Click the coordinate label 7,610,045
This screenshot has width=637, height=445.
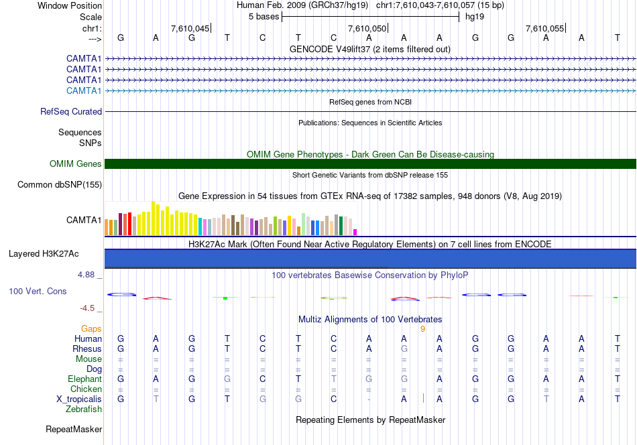[x=190, y=28]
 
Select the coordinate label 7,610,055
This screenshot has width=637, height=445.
[x=544, y=28]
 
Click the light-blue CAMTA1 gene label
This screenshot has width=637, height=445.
[x=84, y=90]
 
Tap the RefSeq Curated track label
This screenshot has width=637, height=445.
[x=71, y=112]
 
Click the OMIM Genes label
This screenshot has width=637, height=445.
[x=75, y=164]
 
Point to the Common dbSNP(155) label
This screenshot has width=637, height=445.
[x=60, y=184]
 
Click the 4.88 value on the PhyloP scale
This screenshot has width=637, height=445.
[x=89, y=275]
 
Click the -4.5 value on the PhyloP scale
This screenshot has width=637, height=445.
[x=89, y=308]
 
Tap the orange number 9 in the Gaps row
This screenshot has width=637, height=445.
[x=422, y=329]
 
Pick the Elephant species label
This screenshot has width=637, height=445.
[x=84, y=379]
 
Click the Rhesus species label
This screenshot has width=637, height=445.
[x=87, y=349]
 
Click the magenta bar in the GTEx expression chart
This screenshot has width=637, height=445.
[x=355, y=232]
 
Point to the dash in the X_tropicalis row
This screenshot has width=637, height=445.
[x=369, y=399]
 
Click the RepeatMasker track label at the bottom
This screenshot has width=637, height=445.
[x=73, y=429]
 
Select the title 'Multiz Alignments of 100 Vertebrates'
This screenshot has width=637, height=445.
[x=370, y=319]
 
